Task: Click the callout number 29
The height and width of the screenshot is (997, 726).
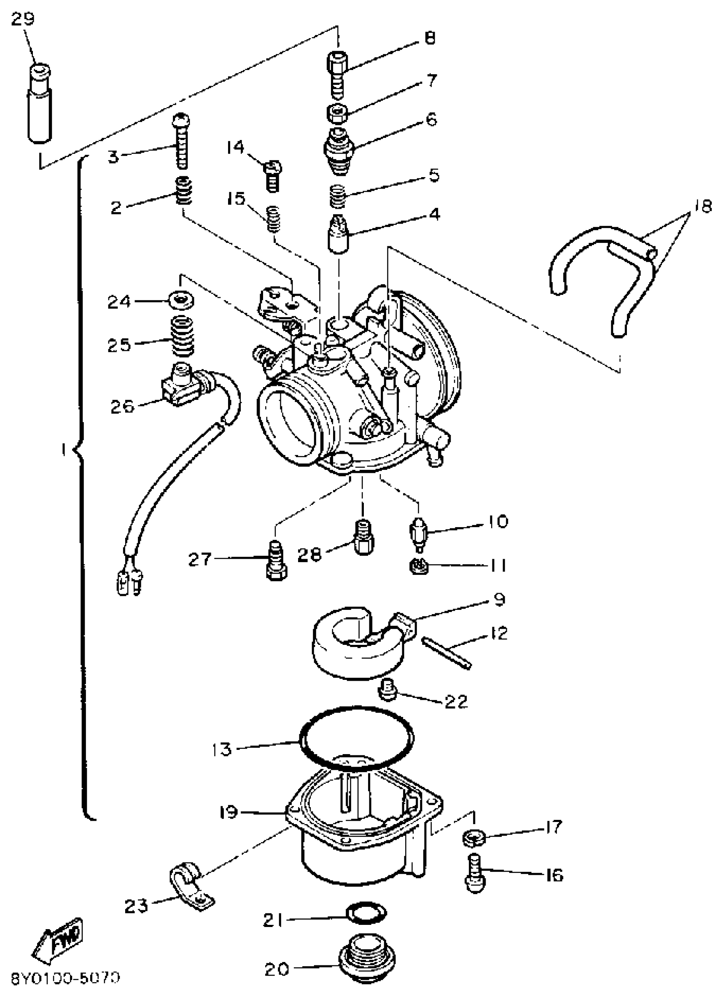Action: click(x=23, y=20)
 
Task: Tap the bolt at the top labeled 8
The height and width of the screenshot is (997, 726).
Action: click(x=337, y=75)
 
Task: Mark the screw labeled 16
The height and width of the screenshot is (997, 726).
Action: click(x=474, y=875)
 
